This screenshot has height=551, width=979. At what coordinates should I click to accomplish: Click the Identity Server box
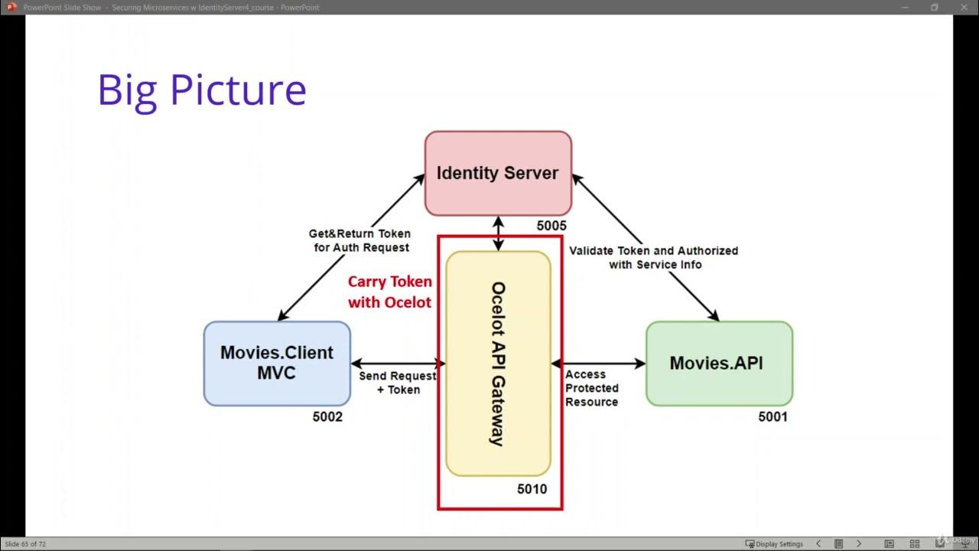coord(498,173)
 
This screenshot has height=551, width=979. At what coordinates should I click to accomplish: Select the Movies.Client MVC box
coord(277,363)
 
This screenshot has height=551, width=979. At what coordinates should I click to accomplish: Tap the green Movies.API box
coord(719,363)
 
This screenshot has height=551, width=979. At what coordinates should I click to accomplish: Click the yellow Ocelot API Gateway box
coord(498,364)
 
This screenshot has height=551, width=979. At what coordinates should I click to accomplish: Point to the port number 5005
coord(551,226)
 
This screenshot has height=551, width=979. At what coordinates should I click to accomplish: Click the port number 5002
coord(327,417)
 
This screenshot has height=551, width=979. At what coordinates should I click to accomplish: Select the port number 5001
coord(772,417)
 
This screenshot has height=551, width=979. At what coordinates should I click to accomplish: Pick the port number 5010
coord(532,489)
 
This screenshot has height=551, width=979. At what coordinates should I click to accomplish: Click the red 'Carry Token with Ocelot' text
coord(389,292)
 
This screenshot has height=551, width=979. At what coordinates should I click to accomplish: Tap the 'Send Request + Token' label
coord(398,383)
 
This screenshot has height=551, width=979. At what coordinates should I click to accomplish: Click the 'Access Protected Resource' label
coord(591,388)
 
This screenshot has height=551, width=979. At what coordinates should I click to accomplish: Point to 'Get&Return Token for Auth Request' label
coord(359,240)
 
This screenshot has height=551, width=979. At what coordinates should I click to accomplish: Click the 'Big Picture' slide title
coord(202,90)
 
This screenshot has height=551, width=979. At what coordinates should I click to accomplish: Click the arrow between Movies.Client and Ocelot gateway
coord(398,364)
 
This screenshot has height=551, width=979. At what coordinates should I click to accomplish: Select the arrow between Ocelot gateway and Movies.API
coord(598,364)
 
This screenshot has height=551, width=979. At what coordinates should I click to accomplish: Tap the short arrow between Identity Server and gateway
coord(499,233)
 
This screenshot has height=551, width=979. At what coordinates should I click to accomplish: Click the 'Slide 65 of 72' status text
coord(25,544)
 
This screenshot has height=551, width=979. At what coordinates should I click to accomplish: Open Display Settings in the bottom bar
coord(774,544)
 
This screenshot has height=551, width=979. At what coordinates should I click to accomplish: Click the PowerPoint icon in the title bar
coord(11,7)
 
